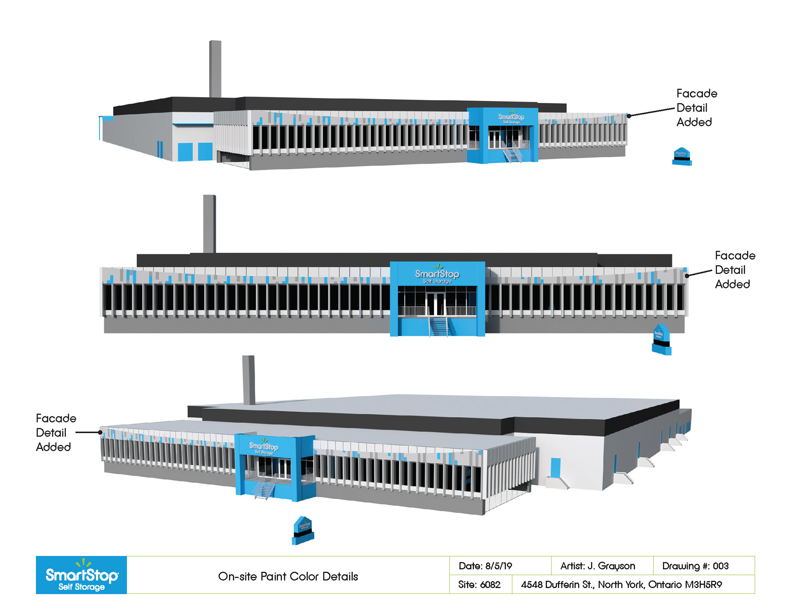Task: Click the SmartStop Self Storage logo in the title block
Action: click(x=81, y=575)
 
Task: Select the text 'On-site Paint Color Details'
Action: click(x=288, y=576)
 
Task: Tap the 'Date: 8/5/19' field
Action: click(x=485, y=566)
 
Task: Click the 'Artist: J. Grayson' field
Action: click(x=597, y=566)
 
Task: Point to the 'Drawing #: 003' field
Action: click(x=695, y=566)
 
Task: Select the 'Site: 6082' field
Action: click(x=479, y=584)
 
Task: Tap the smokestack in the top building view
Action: click(x=215, y=68)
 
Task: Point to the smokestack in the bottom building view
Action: click(x=248, y=380)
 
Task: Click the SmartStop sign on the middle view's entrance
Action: click(x=437, y=276)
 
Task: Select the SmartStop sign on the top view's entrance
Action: click(x=511, y=118)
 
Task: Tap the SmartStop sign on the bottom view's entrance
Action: click(x=264, y=448)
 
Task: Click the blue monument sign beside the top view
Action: click(x=682, y=156)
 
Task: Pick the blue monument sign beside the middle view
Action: click(x=661, y=340)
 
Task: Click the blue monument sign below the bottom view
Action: click(x=303, y=530)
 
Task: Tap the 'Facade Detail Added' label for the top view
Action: click(x=697, y=107)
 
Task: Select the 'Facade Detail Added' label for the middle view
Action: click(x=735, y=270)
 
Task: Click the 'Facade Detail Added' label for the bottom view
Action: click(x=56, y=432)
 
